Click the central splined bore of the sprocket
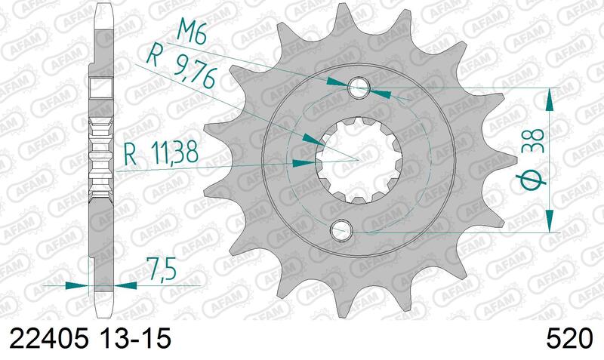357,158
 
